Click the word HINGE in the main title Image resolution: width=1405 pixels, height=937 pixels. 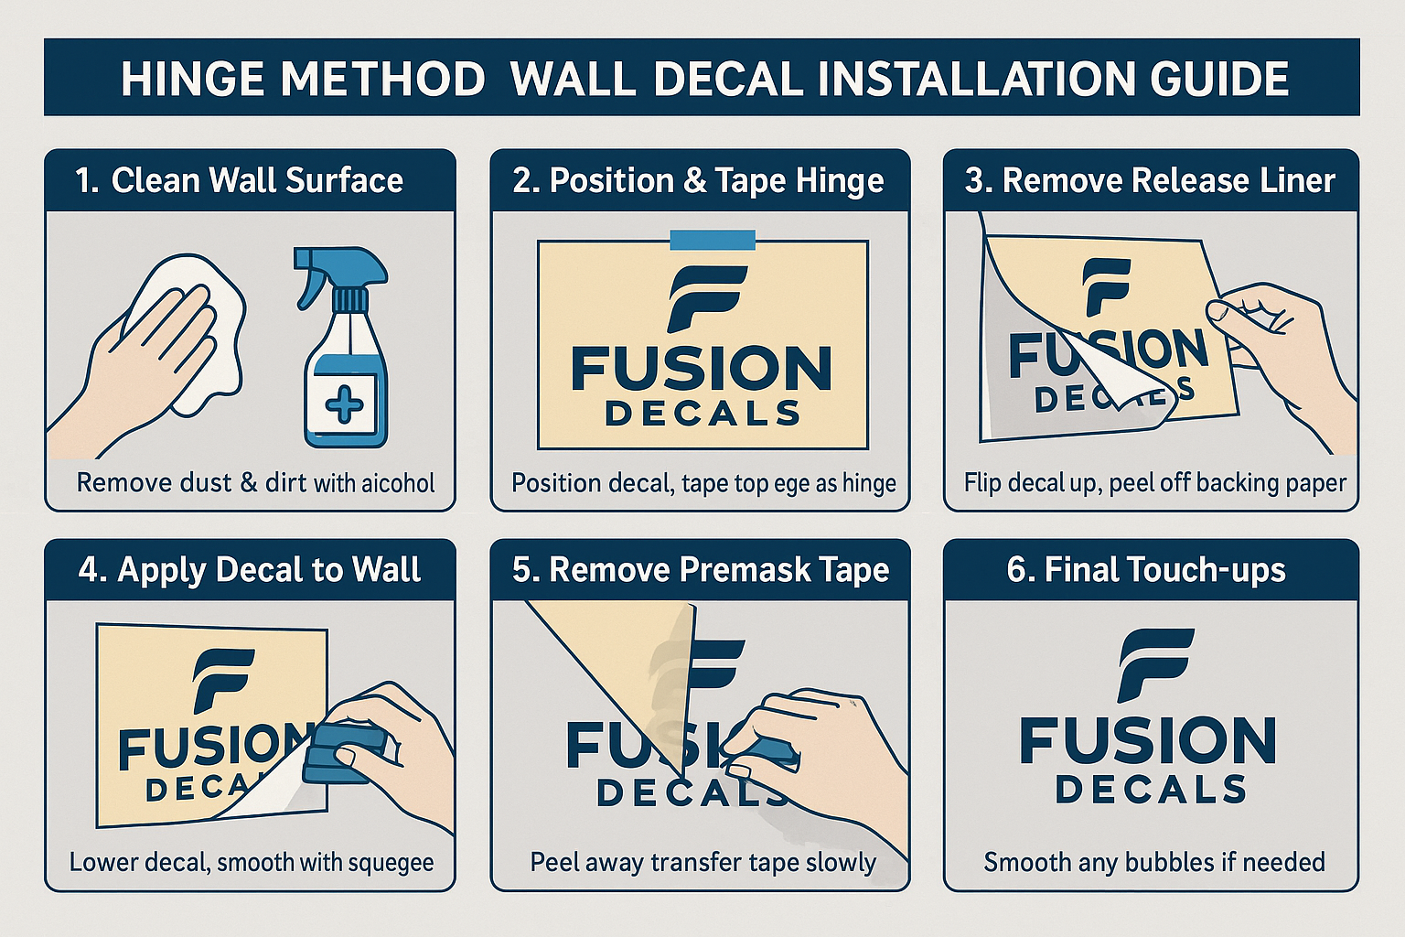pyautogui.click(x=194, y=79)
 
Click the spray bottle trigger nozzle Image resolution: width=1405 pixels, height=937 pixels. pyautogui.click(x=316, y=265)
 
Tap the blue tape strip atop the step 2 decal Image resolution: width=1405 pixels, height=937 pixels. pyautogui.click(x=713, y=240)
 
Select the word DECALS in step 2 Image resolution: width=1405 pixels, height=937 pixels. pyautogui.click(x=702, y=414)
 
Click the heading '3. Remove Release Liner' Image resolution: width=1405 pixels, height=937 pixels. pyautogui.click(x=1150, y=180)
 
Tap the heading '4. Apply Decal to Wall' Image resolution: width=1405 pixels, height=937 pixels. pyautogui.click(x=250, y=570)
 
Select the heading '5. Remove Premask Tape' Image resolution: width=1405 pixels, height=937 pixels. pyautogui.click(x=701, y=570)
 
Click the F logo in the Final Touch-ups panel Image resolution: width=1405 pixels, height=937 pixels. pyautogui.click(x=1155, y=664)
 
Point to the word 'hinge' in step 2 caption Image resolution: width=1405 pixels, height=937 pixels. pyautogui.click(x=869, y=482)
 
